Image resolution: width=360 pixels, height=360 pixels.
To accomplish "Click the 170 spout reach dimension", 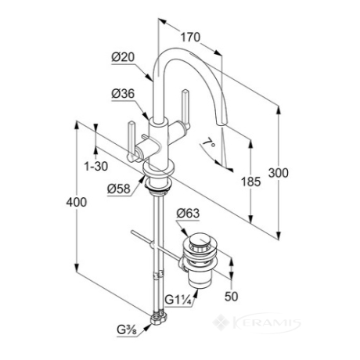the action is [x=191, y=38].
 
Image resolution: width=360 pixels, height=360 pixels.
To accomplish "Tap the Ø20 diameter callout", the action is [x=123, y=57].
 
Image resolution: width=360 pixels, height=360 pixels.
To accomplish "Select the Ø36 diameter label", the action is [x=123, y=94].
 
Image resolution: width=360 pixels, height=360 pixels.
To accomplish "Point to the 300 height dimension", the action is [x=279, y=173].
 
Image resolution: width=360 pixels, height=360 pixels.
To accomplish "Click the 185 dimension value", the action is [x=250, y=182].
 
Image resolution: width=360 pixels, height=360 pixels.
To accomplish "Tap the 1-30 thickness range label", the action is [x=96, y=166].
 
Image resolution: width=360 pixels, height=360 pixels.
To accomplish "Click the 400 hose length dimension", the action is [x=77, y=202].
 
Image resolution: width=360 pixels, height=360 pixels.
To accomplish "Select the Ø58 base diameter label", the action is [x=119, y=189].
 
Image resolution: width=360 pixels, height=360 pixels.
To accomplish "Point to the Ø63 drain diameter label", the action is [x=188, y=213].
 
